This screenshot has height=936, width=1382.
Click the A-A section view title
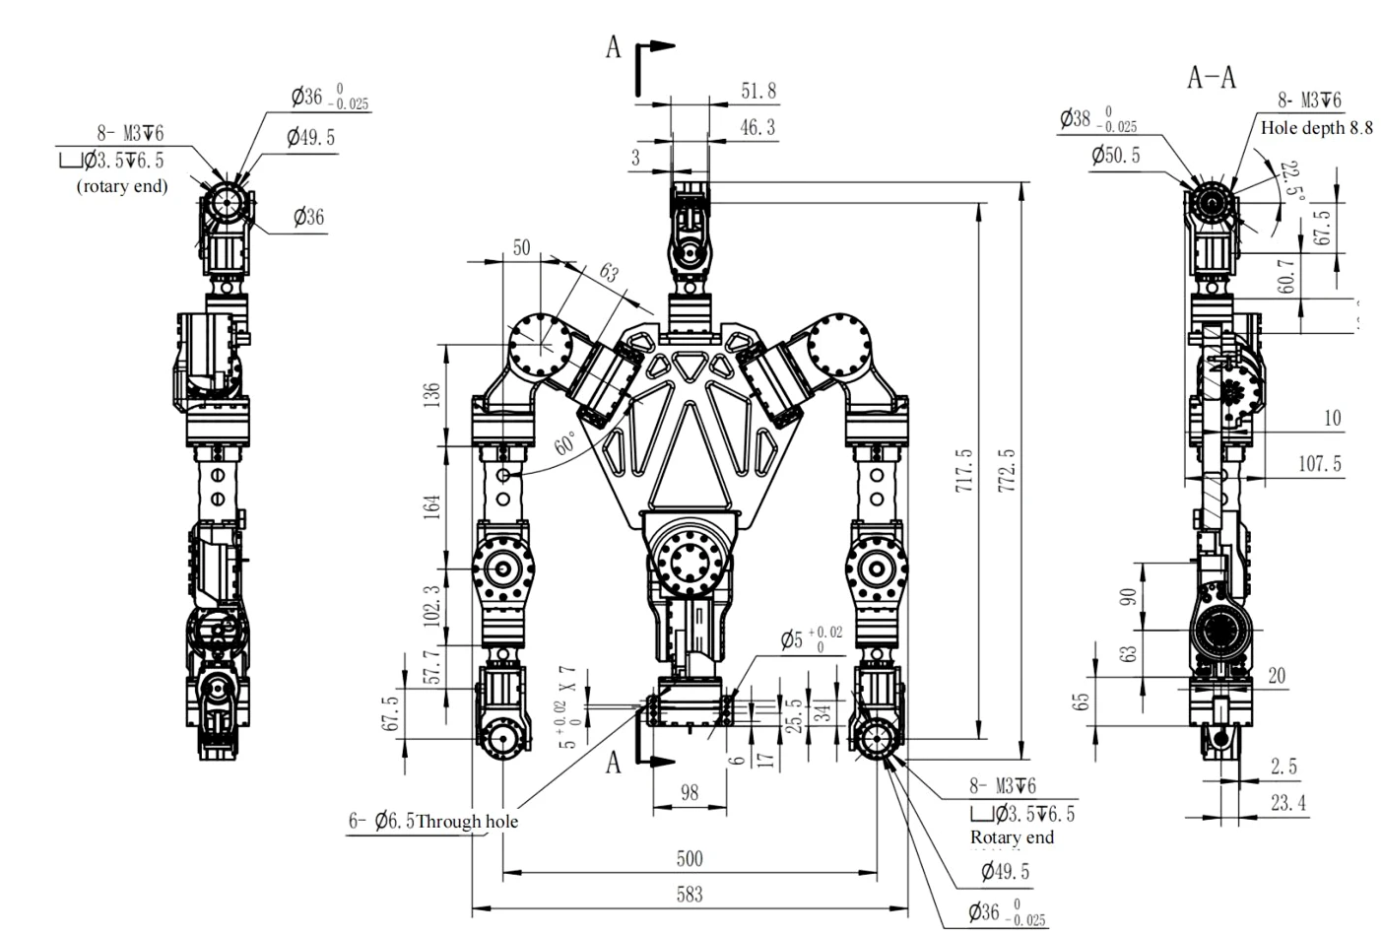1211,77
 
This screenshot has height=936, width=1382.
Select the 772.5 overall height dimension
1008,472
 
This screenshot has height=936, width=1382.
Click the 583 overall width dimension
690,895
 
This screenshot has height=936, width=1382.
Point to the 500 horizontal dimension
690,858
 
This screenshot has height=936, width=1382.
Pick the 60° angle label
564,443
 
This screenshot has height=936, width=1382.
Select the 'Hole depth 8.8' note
1316,128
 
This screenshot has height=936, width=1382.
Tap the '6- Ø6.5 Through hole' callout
433,822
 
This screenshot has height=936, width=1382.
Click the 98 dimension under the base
690,793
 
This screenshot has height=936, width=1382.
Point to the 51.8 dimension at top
757,92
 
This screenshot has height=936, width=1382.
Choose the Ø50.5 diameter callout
1115,156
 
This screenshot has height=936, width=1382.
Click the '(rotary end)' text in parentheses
122,186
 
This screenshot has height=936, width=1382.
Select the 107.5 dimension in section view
1319,463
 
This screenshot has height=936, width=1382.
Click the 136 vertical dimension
430,394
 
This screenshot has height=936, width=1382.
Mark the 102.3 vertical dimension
430,605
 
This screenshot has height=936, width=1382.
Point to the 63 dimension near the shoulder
608,273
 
